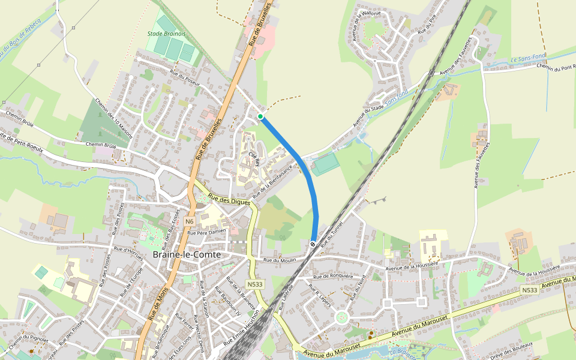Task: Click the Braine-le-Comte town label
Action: [187, 254]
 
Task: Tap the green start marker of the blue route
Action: [260, 116]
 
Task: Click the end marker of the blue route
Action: [313, 244]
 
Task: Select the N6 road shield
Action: [190, 221]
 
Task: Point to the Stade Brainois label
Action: [166, 34]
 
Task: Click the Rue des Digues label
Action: [229, 200]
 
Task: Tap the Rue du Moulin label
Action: [280, 260]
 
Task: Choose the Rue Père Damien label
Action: [206, 232]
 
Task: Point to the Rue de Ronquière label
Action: [333, 277]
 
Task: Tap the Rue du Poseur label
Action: [185, 78]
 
